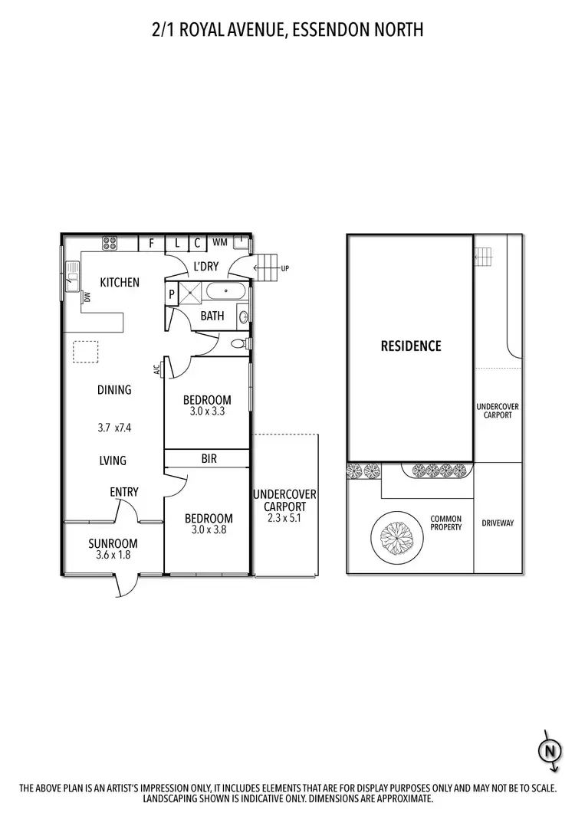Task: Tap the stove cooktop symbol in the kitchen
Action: click(x=110, y=243)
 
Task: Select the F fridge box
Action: click(x=152, y=243)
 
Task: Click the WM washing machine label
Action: click(x=219, y=243)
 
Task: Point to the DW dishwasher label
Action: click(x=87, y=297)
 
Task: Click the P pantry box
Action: click(x=172, y=293)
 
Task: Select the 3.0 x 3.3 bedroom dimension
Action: click(x=207, y=411)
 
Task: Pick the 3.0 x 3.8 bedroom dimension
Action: click(x=207, y=529)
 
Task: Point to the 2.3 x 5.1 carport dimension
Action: click(x=284, y=517)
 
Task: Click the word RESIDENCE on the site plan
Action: click(x=411, y=346)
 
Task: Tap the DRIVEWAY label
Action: click(x=498, y=523)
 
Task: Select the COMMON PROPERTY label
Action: click(x=445, y=523)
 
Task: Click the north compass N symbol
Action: click(x=549, y=752)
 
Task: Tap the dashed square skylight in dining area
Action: click(x=85, y=352)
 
